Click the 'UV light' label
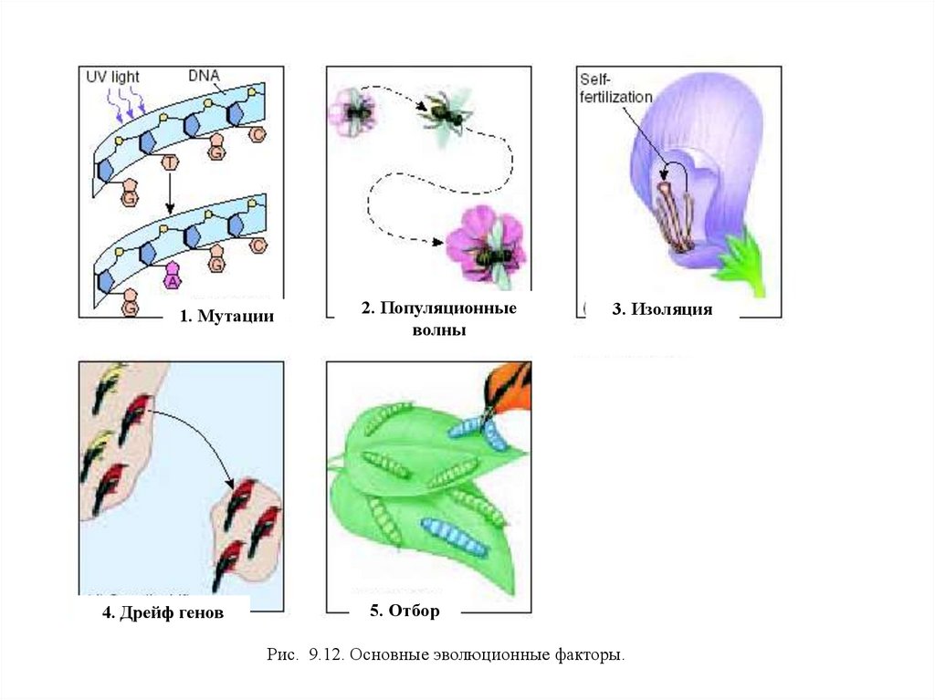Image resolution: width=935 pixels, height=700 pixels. point(113,77)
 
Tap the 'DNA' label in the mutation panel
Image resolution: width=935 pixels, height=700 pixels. point(203,76)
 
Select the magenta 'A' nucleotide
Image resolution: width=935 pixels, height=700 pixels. point(172,277)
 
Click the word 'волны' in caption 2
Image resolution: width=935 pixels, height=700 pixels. point(438,330)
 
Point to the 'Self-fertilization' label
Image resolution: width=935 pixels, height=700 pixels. point(615,89)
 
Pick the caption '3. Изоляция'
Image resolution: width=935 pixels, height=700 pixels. point(662,309)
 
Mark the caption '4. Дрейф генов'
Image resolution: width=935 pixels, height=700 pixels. point(163,613)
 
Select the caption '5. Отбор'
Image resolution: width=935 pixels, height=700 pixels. point(404,611)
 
